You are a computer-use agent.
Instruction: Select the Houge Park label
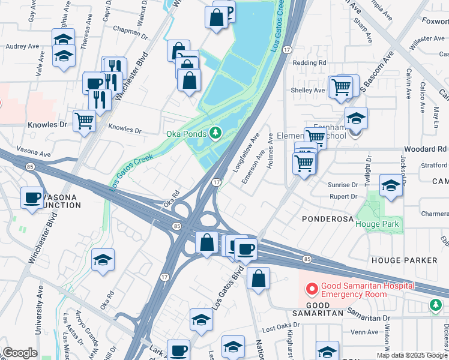pyautogui.click(x=377, y=224)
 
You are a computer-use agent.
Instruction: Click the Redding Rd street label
pyautogui.click(x=310, y=62)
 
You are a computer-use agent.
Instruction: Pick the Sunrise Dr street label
pyautogui.click(x=343, y=185)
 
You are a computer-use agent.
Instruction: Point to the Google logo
pyautogui.click(x=20, y=353)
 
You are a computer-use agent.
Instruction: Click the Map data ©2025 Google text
pyautogui.click(x=411, y=355)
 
